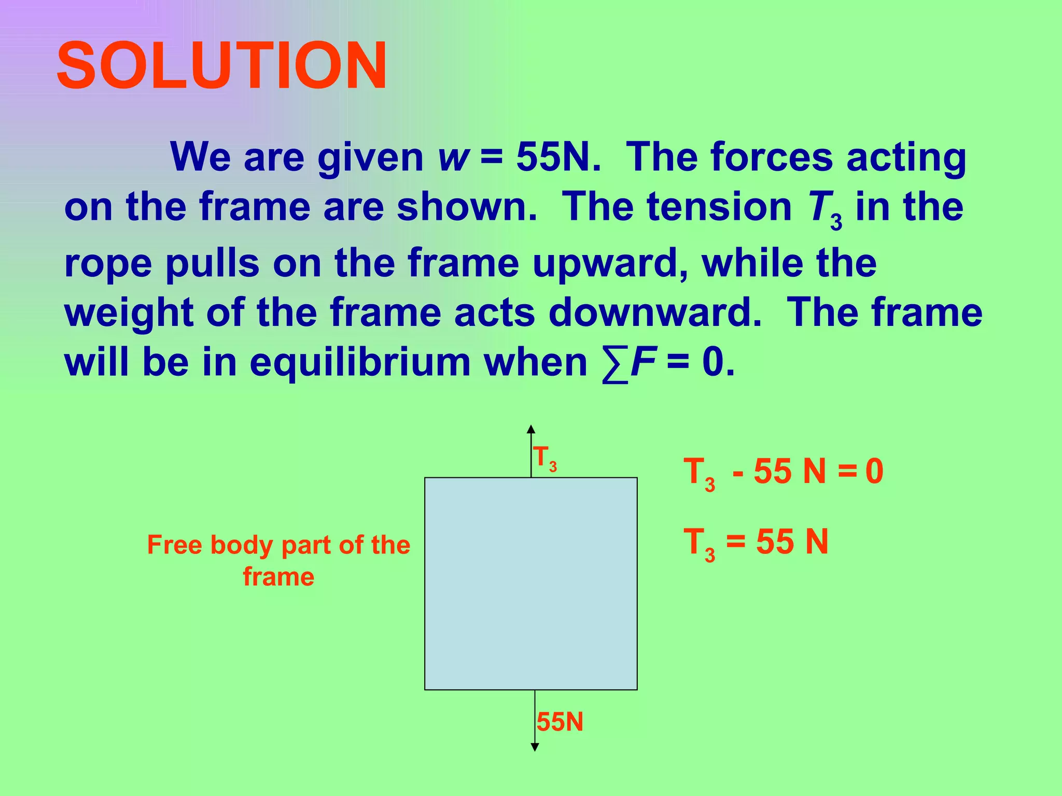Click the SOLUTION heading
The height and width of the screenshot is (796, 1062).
222,66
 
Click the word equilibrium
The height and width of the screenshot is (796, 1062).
360,363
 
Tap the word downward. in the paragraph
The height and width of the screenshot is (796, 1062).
655,312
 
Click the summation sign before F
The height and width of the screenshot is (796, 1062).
615,364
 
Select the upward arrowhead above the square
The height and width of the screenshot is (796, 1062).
531,429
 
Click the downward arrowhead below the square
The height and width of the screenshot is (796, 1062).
535,747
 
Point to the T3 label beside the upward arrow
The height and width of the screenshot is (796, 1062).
545,459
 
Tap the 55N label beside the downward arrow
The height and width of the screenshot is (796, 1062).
560,722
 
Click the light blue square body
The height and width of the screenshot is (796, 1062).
531,584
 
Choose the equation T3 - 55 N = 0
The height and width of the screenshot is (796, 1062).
783,473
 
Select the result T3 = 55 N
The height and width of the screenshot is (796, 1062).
756,543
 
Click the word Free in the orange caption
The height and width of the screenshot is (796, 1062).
174,545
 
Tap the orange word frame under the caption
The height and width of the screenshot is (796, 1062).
278,577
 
